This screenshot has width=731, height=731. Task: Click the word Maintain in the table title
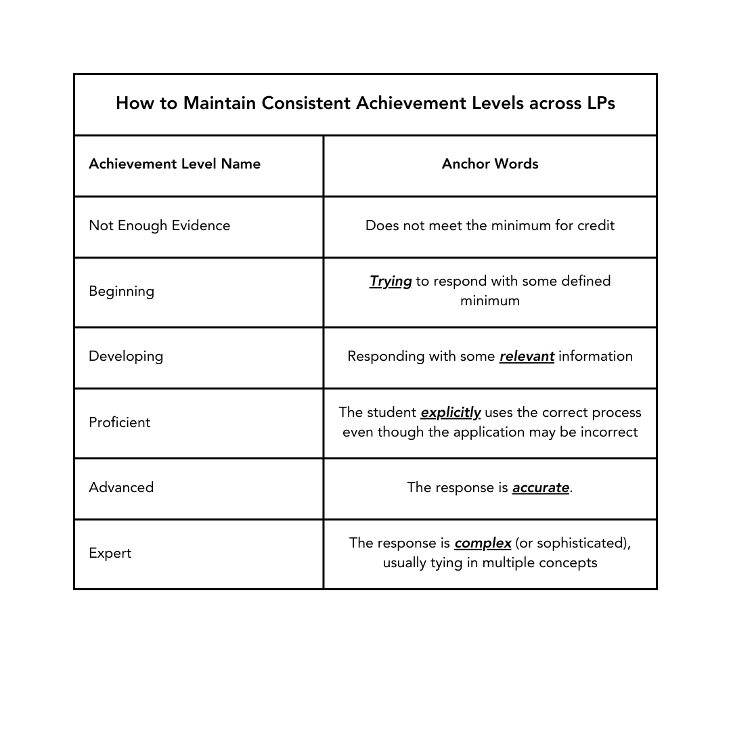[219, 104]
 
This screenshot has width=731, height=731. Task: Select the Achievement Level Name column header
[175, 164]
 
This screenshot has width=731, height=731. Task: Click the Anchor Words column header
[490, 164]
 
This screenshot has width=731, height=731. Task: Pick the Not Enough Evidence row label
[160, 225]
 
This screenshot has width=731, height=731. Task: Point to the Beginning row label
[122, 291]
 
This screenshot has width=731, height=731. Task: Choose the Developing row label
[126, 356]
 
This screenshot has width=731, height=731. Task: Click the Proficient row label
[120, 422]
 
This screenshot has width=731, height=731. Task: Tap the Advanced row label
[121, 487]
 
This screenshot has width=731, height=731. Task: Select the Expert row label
[110, 553]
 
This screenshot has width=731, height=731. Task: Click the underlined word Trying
[391, 282]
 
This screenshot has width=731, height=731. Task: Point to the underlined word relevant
[527, 357]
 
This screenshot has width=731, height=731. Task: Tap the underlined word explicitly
[450, 413]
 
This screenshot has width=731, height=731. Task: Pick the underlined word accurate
[540, 488]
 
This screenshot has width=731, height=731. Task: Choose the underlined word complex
[483, 544]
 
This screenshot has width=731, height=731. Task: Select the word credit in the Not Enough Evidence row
[596, 225]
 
